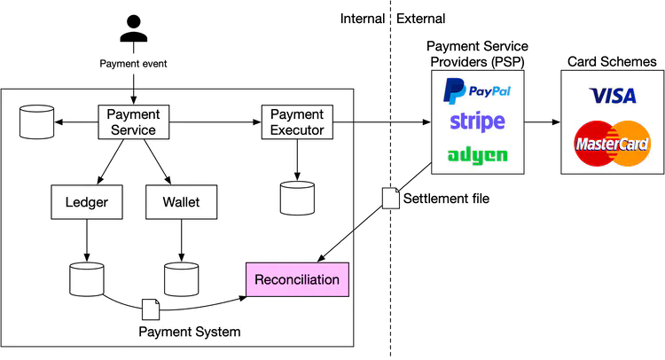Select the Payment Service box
point(133,121)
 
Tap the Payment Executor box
point(296,121)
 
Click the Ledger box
point(87,202)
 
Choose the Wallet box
point(182,202)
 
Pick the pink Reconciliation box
point(297,280)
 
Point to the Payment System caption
point(190,332)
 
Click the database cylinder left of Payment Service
point(36,121)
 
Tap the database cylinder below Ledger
point(87,278)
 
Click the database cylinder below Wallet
point(182,278)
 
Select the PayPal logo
point(477,90)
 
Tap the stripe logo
point(477,121)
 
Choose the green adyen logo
point(477,155)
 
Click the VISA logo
point(612,96)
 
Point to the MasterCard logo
point(612,143)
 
